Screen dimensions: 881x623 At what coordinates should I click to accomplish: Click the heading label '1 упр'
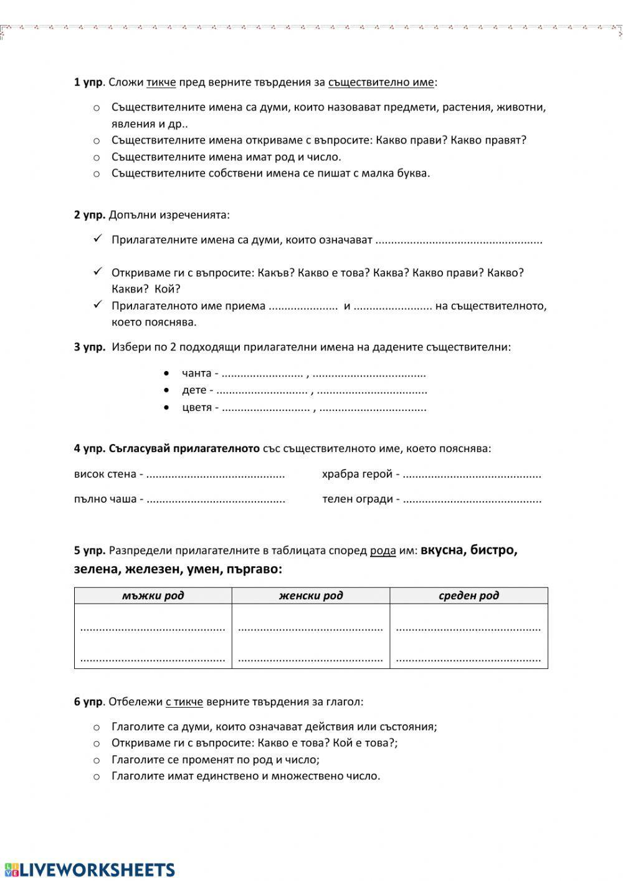(88, 82)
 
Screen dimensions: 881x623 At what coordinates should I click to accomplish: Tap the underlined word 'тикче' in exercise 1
(161, 82)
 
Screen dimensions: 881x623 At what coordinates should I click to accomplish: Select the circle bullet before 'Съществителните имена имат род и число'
(97, 157)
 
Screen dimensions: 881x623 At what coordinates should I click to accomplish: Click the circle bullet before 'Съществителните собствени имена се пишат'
(97, 174)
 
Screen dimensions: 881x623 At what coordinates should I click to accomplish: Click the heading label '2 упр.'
(90, 214)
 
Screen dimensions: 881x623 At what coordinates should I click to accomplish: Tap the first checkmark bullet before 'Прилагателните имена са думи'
(97, 239)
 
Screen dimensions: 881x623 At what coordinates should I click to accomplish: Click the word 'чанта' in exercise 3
(196, 373)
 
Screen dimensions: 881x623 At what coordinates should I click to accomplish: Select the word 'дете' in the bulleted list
(194, 390)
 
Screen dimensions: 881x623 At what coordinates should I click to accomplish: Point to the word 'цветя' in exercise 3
(197, 408)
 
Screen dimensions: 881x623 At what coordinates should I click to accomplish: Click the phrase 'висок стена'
(105, 474)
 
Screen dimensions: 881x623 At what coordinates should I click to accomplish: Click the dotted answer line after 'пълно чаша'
(216, 499)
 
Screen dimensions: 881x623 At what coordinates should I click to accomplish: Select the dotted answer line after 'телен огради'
(472, 499)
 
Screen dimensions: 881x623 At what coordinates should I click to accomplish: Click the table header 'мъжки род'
(153, 595)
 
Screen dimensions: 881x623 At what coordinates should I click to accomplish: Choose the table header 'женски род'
(311, 595)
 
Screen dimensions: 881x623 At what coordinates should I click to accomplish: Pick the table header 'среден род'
(468, 595)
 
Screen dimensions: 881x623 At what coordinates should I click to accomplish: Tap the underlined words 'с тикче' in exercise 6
(184, 701)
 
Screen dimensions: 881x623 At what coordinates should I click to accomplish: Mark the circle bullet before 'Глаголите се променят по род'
(97, 760)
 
